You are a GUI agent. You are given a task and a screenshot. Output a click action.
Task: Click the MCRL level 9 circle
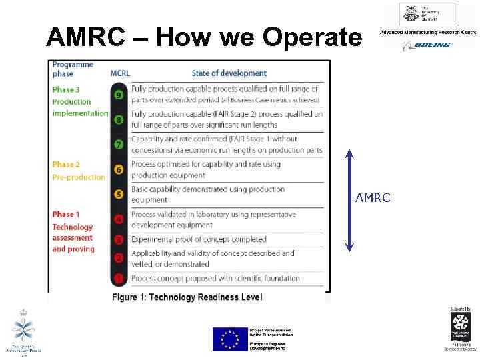119,95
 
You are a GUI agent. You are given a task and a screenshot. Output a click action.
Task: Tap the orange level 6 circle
119,170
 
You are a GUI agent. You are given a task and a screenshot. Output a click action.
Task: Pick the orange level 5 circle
119,195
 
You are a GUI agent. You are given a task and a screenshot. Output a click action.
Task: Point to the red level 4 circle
119,219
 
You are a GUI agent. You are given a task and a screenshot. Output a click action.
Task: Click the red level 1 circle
119,278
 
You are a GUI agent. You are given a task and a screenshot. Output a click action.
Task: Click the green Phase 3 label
66,89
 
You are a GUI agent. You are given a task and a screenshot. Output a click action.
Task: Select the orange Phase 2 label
66,164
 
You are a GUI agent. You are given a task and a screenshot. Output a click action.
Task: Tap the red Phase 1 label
66,214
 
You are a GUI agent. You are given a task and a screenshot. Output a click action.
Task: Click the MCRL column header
120,73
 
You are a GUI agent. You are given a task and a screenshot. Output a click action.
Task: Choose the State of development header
229,73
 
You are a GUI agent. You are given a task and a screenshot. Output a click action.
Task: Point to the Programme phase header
73,69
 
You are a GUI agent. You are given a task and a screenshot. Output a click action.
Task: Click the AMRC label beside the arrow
374,199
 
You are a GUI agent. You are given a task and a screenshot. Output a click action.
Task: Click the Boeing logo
427,45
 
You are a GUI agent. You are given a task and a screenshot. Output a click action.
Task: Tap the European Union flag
229,339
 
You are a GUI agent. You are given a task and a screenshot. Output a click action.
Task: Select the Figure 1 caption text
187,297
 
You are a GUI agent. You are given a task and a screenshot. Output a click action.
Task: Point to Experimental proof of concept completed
199,239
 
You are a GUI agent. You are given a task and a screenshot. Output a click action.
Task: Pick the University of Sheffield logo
427,13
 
